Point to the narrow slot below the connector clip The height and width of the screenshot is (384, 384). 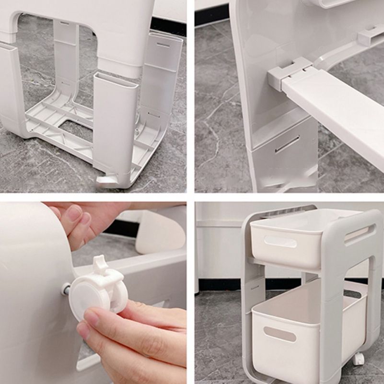coord(287,144)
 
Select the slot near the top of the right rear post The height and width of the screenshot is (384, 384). coord(163,45)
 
